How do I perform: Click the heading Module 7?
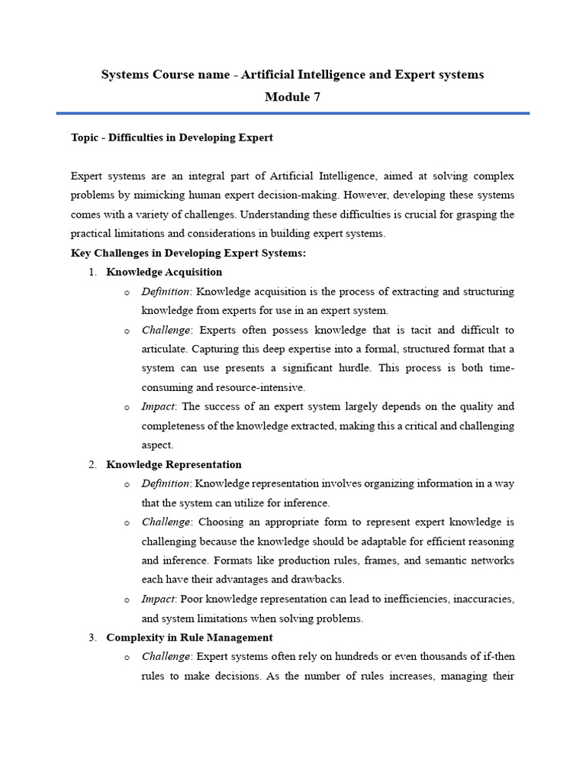[x=293, y=97]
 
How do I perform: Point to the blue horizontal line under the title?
[x=293, y=113]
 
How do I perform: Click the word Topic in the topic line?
[x=85, y=138]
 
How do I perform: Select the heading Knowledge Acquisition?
[x=164, y=272]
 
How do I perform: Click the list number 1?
[x=92, y=272]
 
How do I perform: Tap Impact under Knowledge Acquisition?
[x=158, y=406]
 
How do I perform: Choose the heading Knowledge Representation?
[x=174, y=464]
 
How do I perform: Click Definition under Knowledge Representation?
[x=166, y=483]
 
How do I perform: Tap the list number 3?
[x=92, y=637]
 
